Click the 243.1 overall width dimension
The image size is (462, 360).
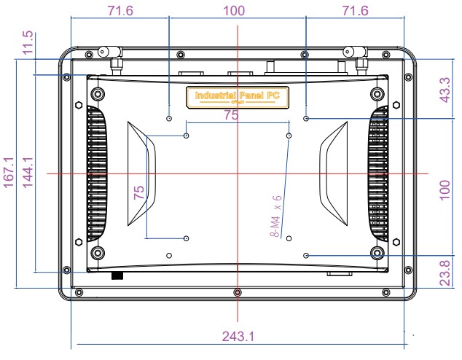(x=238, y=337)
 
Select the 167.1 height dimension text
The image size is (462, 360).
(x=9, y=174)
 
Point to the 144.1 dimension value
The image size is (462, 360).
(x=28, y=174)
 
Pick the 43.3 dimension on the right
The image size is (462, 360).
(x=445, y=88)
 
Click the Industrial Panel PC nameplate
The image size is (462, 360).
(x=238, y=95)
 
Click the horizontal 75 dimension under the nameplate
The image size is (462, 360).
(x=231, y=115)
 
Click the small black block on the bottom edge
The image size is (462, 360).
(x=116, y=276)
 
